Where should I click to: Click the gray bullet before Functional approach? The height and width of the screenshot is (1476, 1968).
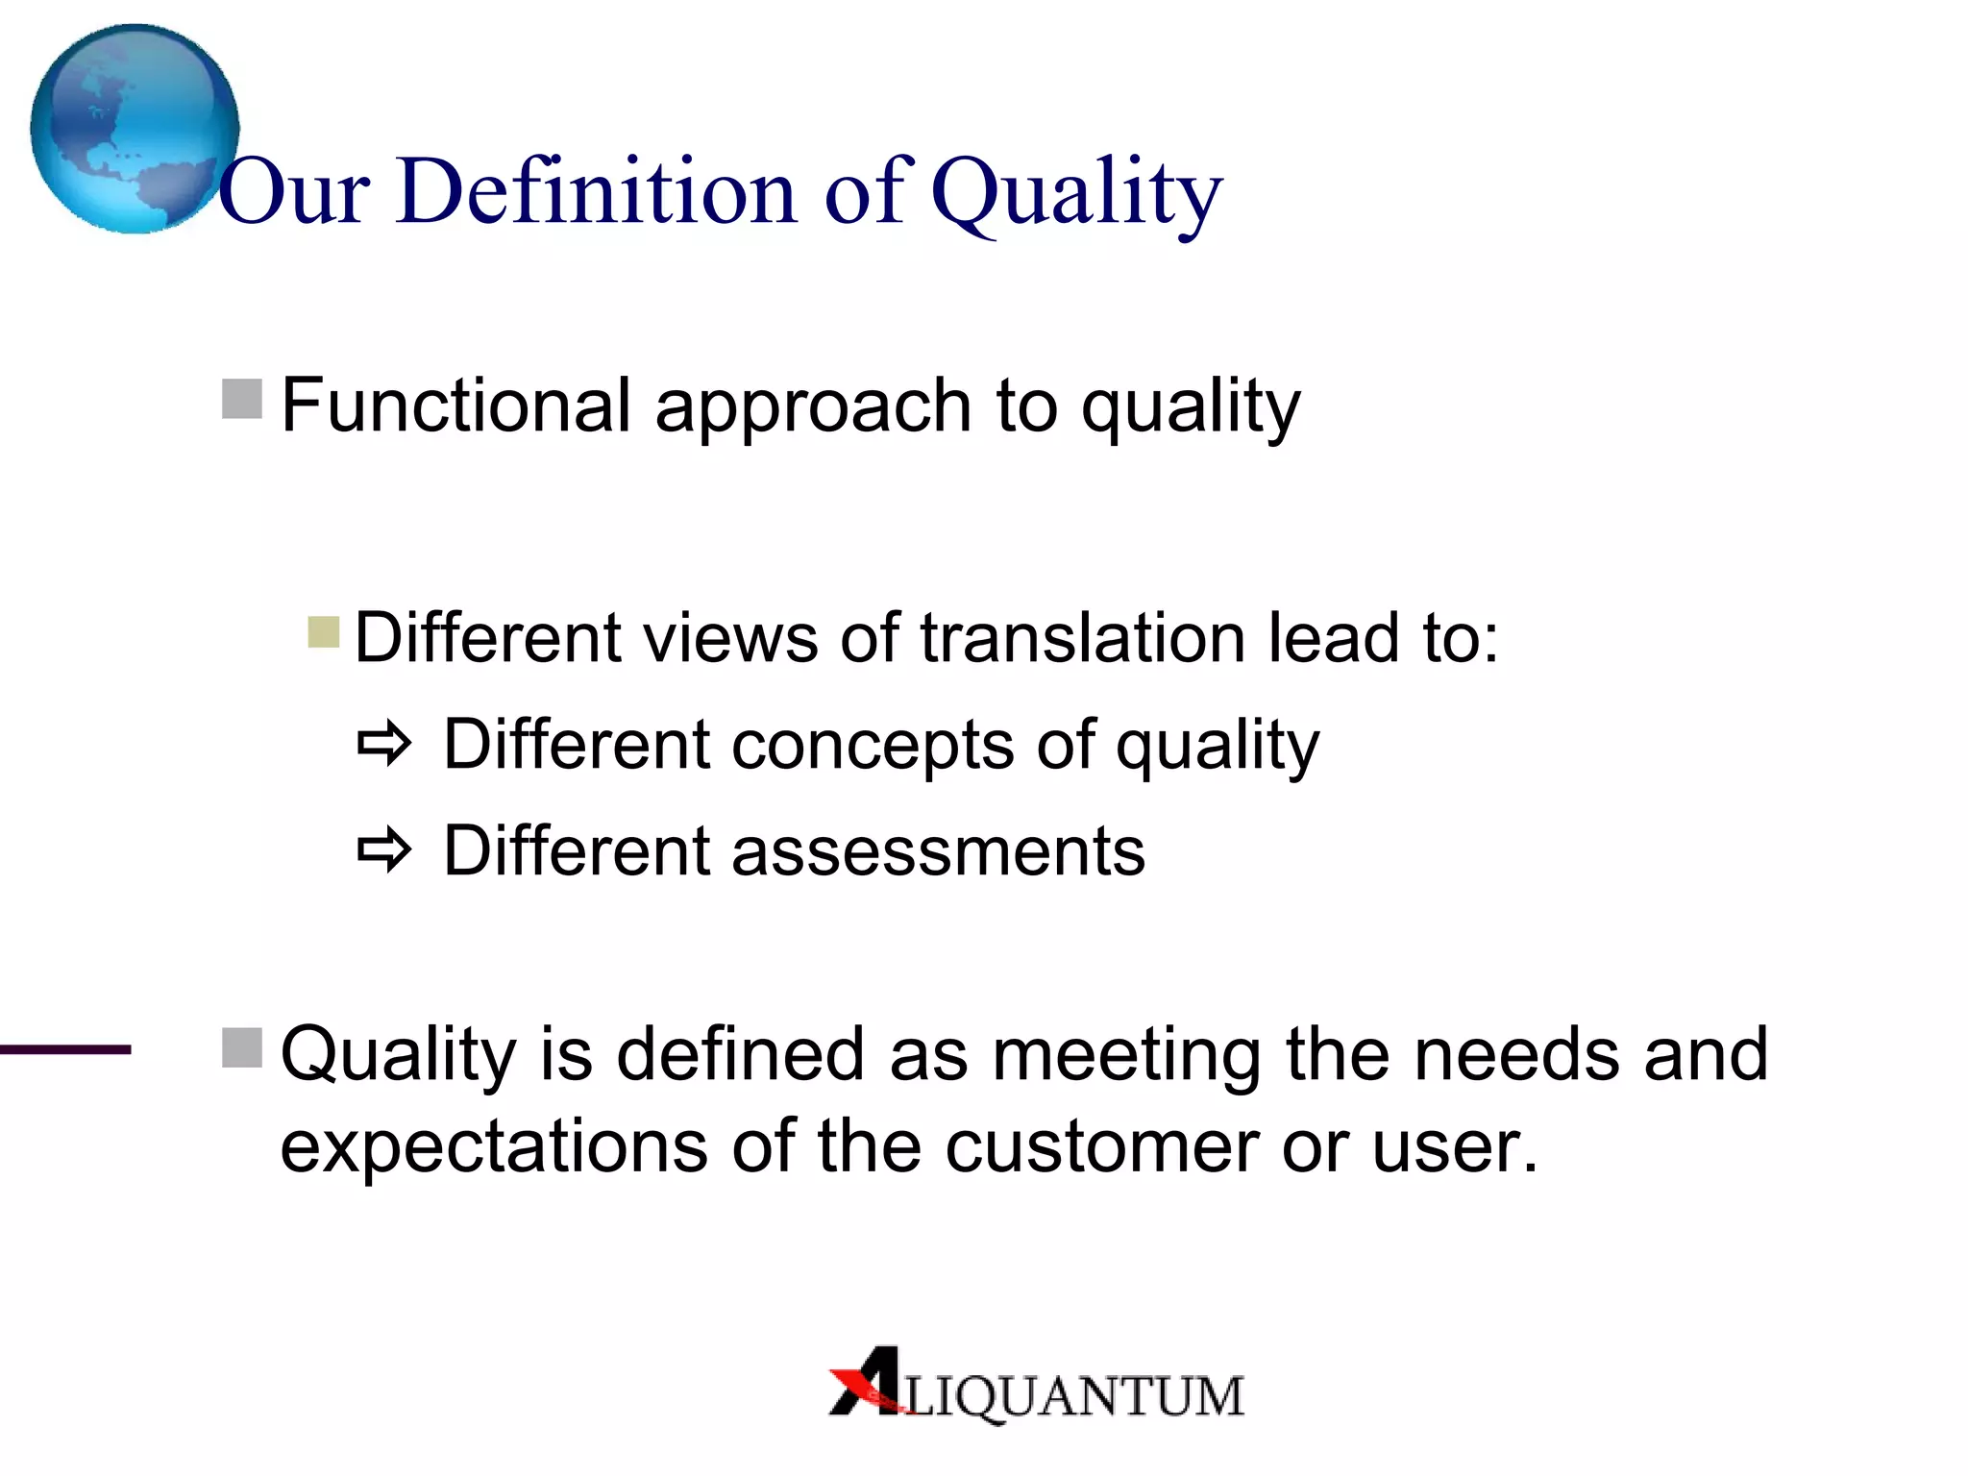[x=242, y=399]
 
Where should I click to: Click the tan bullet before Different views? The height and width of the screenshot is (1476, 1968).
[x=324, y=632]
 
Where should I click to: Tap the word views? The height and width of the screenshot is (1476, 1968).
[x=730, y=638]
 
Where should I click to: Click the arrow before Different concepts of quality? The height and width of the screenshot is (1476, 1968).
[x=384, y=744]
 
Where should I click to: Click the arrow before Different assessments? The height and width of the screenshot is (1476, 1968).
[x=384, y=849]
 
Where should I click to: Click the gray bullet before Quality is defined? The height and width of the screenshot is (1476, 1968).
[x=242, y=1047]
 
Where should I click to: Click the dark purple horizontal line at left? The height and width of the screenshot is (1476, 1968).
[x=65, y=1050]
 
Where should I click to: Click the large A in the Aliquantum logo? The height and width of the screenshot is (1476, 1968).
[x=869, y=1382]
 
